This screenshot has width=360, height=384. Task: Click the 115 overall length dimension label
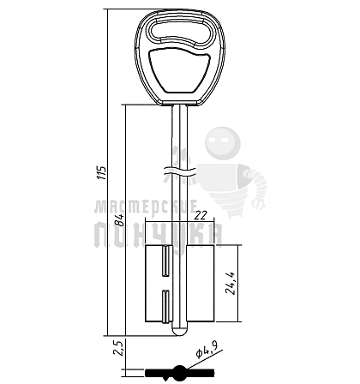(x=102, y=172)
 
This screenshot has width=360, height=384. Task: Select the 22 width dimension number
(x=201, y=215)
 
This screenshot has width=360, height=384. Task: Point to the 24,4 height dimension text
(x=230, y=283)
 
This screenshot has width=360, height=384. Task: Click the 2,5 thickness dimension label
(x=119, y=347)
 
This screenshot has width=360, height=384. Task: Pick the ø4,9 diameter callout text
(x=207, y=350)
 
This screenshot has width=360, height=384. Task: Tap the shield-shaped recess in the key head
(x=179, y=70)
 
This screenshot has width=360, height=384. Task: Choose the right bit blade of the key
(x=201, y=284)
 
